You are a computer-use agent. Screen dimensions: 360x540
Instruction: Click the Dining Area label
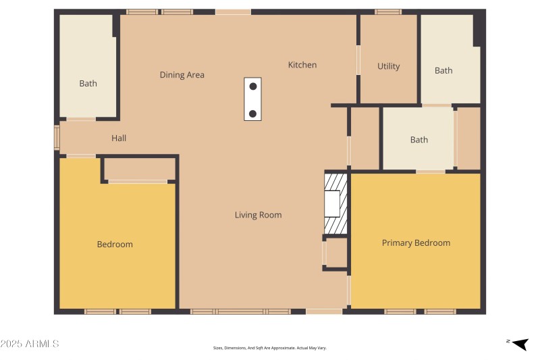click(x=182, y=75)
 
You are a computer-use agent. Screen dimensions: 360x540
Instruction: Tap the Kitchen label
click(x=302, y=65)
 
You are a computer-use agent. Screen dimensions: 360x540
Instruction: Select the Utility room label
click(x=388, y=66)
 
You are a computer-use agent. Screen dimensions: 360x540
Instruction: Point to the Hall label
click(x=119, y=138)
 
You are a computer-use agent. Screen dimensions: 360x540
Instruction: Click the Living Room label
click(x=258, y=215)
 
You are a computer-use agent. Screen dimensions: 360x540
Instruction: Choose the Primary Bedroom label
click(x=416, y=242)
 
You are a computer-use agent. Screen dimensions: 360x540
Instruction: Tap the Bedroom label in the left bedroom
click(x=115, y=244)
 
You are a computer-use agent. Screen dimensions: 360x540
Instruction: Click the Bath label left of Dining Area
click(x=88, y=84)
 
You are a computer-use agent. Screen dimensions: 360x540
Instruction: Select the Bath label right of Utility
click(x=443, y=70)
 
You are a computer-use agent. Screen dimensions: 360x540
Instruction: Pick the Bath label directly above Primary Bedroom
click(x=418, y=140)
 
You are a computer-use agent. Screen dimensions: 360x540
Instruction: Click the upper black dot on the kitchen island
click(x=252, y=86)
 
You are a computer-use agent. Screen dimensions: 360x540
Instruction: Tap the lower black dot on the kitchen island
click(x=252, y=113)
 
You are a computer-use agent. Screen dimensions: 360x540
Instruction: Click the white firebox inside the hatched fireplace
click(x=332, y=203)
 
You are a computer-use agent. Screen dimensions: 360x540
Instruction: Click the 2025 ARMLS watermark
click(x=30, y=344)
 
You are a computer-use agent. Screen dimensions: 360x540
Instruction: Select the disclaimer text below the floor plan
click(x=269, y=348)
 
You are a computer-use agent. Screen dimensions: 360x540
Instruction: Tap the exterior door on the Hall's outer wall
click(x=57, y=136)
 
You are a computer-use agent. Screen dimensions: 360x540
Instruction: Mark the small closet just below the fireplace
click(x=336, y=253)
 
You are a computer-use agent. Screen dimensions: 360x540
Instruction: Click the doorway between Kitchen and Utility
click(x=358, y=60)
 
